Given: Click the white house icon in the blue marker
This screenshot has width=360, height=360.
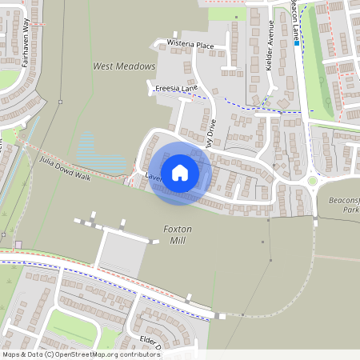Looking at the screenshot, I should coord(180,171).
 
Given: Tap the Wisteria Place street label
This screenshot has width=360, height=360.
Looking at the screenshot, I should coord(190,45).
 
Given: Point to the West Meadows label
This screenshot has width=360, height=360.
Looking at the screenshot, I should coord(123,66).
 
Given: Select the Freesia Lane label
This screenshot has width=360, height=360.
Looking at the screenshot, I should coord(176,88).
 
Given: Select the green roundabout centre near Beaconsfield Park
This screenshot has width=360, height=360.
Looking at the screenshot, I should coord(313,181).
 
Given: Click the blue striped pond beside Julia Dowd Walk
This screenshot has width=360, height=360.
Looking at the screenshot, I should coord(100,156).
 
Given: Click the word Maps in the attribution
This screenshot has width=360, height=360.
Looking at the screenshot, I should coord(12,354).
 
